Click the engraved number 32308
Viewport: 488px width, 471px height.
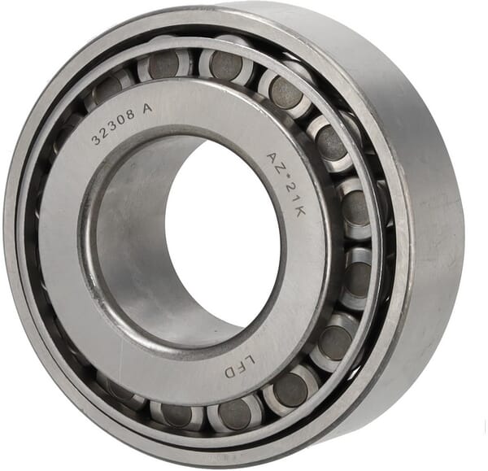pos(114,128)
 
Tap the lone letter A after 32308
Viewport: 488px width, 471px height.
pos(147,109)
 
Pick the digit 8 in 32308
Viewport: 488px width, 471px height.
pos(131,115)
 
